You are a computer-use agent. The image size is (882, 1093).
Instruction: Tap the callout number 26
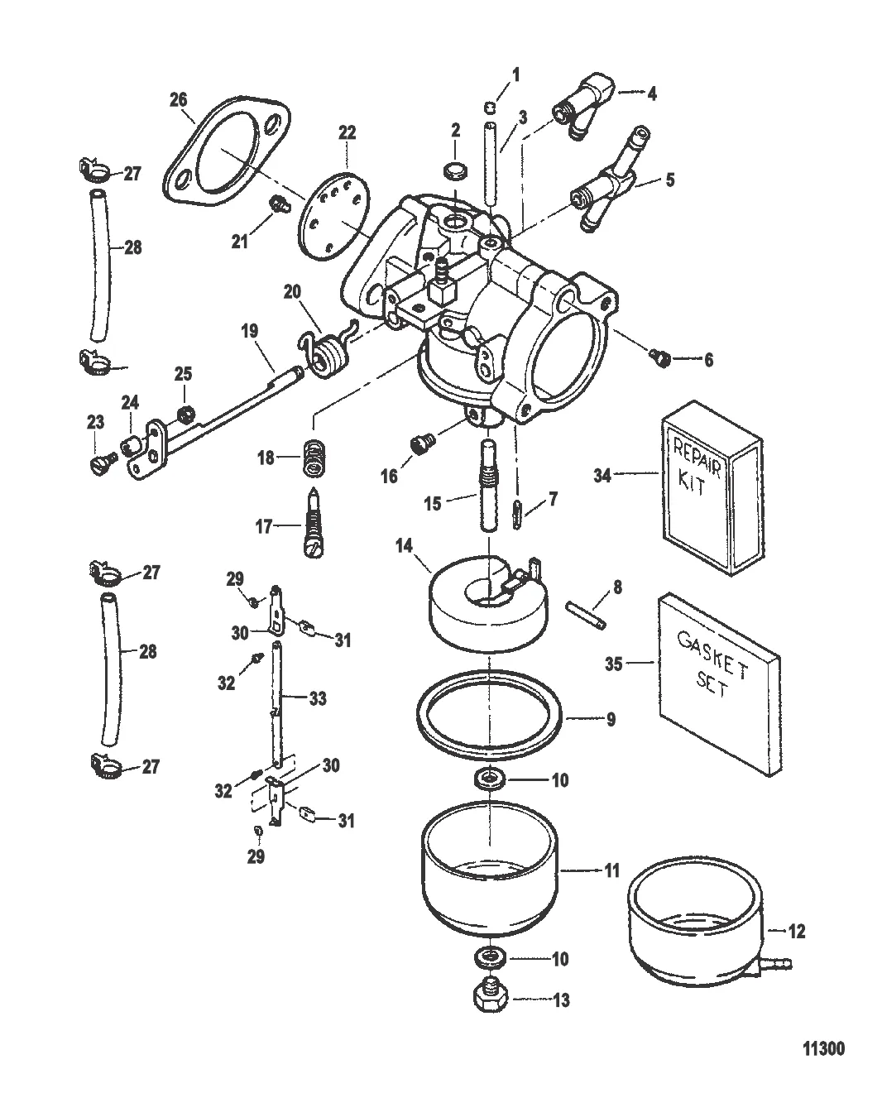(x=178, y=100)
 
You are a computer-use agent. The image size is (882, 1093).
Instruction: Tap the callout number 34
(x=603, y=475)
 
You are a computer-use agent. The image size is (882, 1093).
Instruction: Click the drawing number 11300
(x=823, y=1049)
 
